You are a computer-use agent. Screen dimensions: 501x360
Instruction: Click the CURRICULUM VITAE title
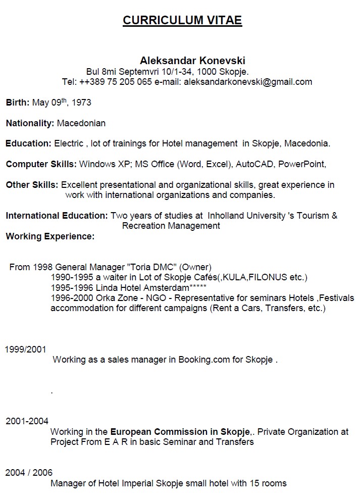(x=182, y=20)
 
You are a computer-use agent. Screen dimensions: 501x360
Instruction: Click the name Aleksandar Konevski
(x=185, y=61)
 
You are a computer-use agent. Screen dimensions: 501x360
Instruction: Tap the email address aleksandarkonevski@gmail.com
(x=247, y=82)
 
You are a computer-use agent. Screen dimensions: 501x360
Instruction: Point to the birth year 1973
(x=81, y=103)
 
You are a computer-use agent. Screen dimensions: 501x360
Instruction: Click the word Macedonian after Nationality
(x=81, y=123)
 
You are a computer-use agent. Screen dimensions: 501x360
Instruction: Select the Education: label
(x=28, y=143)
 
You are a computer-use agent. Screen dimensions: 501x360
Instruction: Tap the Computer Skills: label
(x=41, y=164)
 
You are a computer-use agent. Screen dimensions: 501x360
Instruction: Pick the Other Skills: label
(x=32, y=185)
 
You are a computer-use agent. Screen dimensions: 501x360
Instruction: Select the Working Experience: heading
(x=50, y=236)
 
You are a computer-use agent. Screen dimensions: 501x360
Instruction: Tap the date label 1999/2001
(x=25, y=349)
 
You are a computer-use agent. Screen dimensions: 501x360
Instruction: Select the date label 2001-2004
(x=27, y=421)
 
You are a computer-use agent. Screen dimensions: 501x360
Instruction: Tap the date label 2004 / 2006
(x=29, y=473)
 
